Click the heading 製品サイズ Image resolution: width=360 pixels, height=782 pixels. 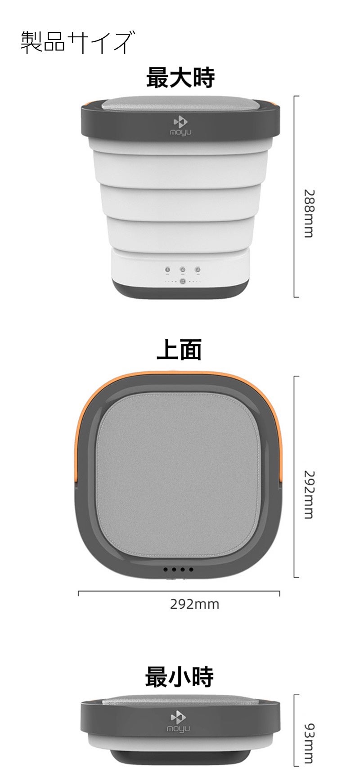(77, 43)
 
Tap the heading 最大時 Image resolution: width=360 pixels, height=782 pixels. (180, 78)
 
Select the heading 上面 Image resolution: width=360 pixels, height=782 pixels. (179, 350)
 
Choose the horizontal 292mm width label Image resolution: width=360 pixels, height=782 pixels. (194, 604)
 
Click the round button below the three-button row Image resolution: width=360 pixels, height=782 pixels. (183, 282)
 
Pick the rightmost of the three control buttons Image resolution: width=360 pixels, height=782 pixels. (198, 270)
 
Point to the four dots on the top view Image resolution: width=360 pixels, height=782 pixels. (179, 569)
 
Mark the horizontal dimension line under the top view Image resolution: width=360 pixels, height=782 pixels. (179, 592)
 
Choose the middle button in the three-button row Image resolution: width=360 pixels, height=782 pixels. (183, 270)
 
